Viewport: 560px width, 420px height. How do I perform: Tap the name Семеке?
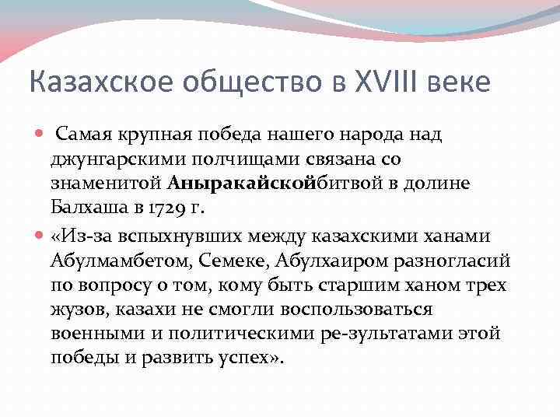click(229, 260)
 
